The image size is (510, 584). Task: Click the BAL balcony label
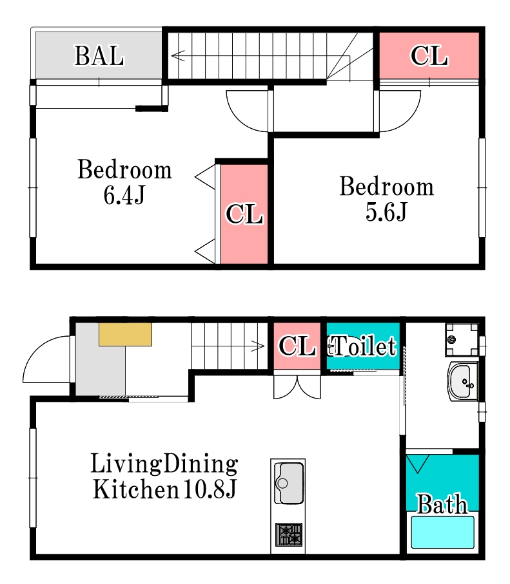[99, 56]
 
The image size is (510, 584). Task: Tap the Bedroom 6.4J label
[124, 182]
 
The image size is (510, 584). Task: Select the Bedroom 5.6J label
[386, 198]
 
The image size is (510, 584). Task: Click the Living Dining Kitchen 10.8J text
[164, 476]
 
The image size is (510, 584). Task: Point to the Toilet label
[362, 346]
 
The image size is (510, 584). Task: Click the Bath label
[442, 504]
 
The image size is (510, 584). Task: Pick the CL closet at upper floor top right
[429, 55]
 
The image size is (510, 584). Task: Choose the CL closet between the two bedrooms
[244, 214]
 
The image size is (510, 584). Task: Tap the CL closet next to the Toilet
[297, 346]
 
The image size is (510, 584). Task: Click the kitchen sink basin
[288, 483]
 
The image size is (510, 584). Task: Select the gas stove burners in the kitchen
[288, 534]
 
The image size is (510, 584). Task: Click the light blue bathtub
[442, 532]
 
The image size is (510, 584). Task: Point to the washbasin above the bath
[463, 381]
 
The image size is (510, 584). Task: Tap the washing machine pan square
[462, 339]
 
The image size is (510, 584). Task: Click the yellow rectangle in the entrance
[125, 334]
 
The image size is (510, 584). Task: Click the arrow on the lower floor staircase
[228, 346]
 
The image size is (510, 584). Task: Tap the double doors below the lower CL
[297, 388]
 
